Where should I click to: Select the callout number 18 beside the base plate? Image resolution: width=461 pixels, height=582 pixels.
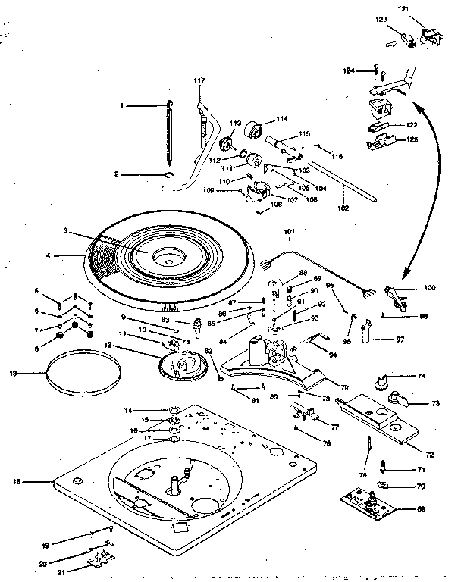[x=17, y=480]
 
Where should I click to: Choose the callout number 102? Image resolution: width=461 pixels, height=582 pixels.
[x=343, y=208]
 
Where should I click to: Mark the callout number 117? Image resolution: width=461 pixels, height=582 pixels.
[x=199, y=80]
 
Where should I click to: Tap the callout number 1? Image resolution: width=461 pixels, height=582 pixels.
[x=121, y=105]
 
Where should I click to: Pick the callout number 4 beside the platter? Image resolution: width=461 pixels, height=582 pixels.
[x=48, y=256]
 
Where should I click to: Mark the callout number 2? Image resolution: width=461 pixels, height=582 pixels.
[x=118, y=174]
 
